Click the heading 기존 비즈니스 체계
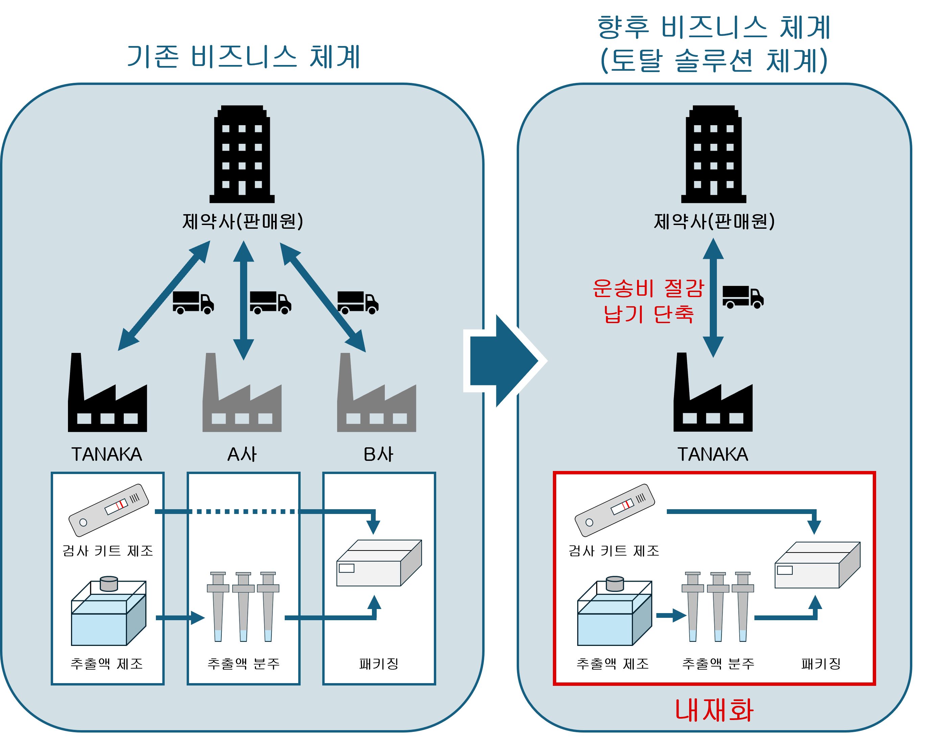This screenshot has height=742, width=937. [243, 57]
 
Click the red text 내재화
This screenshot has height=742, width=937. [714, 711]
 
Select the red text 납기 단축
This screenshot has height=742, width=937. [648, 314]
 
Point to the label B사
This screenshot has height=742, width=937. [378, 454]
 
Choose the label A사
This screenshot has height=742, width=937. [242, 454]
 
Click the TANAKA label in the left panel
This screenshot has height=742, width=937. [107, 454]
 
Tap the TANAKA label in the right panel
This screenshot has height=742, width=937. [713, 454]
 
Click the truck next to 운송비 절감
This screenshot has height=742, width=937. [743, 297]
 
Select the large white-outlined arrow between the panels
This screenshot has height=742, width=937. [504, 361]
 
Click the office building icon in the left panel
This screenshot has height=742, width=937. [242, 154]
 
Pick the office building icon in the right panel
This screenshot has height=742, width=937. [713, 154]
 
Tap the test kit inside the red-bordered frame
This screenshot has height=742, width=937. [614, 510]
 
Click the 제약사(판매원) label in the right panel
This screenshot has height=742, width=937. [714, 222]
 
